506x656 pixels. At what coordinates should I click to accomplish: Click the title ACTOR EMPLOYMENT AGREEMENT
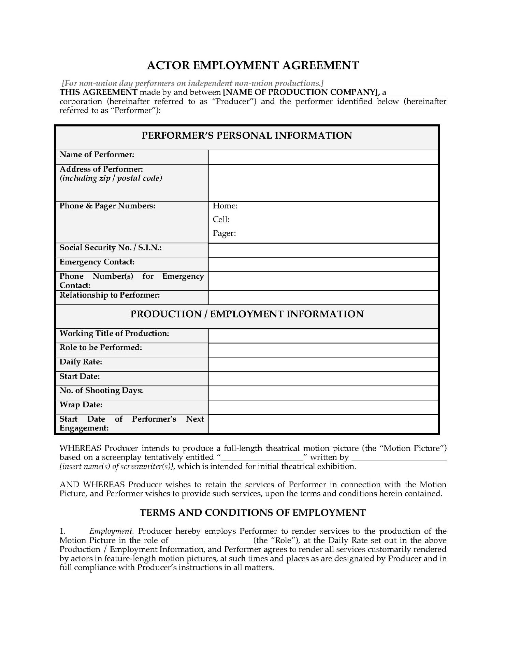pos(253,65)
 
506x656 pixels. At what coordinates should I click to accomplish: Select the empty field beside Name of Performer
pos(323,157)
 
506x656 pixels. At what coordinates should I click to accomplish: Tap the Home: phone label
pos(225,206)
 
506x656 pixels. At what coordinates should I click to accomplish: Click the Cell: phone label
pos(221,219)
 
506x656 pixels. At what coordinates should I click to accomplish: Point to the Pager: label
pos(224,233)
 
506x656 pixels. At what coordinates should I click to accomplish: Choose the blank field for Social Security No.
pos(323,250)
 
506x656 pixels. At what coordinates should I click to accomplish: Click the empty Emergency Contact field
pos(323,264)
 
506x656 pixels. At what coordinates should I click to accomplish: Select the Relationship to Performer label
pos(110,295)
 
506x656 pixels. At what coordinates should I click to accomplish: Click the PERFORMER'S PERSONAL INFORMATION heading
pos(247,136)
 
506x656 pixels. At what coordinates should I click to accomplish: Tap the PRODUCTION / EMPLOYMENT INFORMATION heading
pos(247,314)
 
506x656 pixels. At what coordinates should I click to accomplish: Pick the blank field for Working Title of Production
pos(323,336)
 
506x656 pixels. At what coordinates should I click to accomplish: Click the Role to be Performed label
pos(101,347)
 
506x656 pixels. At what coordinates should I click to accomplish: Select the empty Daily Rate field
pos(323,364)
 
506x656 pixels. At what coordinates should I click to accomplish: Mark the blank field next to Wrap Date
pos(323,407)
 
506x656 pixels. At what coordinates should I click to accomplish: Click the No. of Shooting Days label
pos(101,391)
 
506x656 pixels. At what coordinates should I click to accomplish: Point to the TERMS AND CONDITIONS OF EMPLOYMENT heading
pos(253,512)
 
